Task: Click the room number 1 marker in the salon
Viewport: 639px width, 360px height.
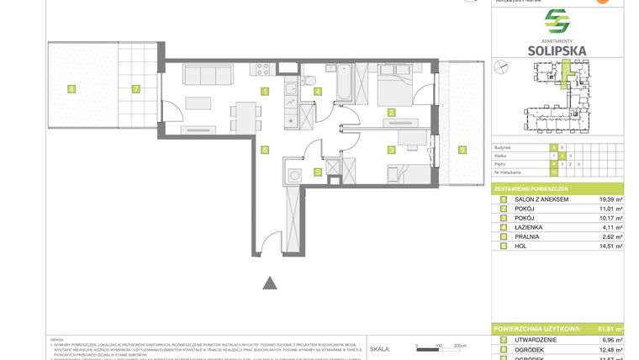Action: point(265,91)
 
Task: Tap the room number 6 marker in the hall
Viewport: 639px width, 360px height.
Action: point(265,150)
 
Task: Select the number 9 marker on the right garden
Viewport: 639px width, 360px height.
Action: point(462,150)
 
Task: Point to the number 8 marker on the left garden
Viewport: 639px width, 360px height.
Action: point(71,87)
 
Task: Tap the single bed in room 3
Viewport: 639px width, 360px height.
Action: point(406,173)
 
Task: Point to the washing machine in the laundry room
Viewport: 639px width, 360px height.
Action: point(294,175)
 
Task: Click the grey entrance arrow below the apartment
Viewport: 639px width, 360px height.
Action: point(270,283)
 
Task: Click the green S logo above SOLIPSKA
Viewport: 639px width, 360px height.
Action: point(557,20)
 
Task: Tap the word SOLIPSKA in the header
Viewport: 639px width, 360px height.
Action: point(557,50)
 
